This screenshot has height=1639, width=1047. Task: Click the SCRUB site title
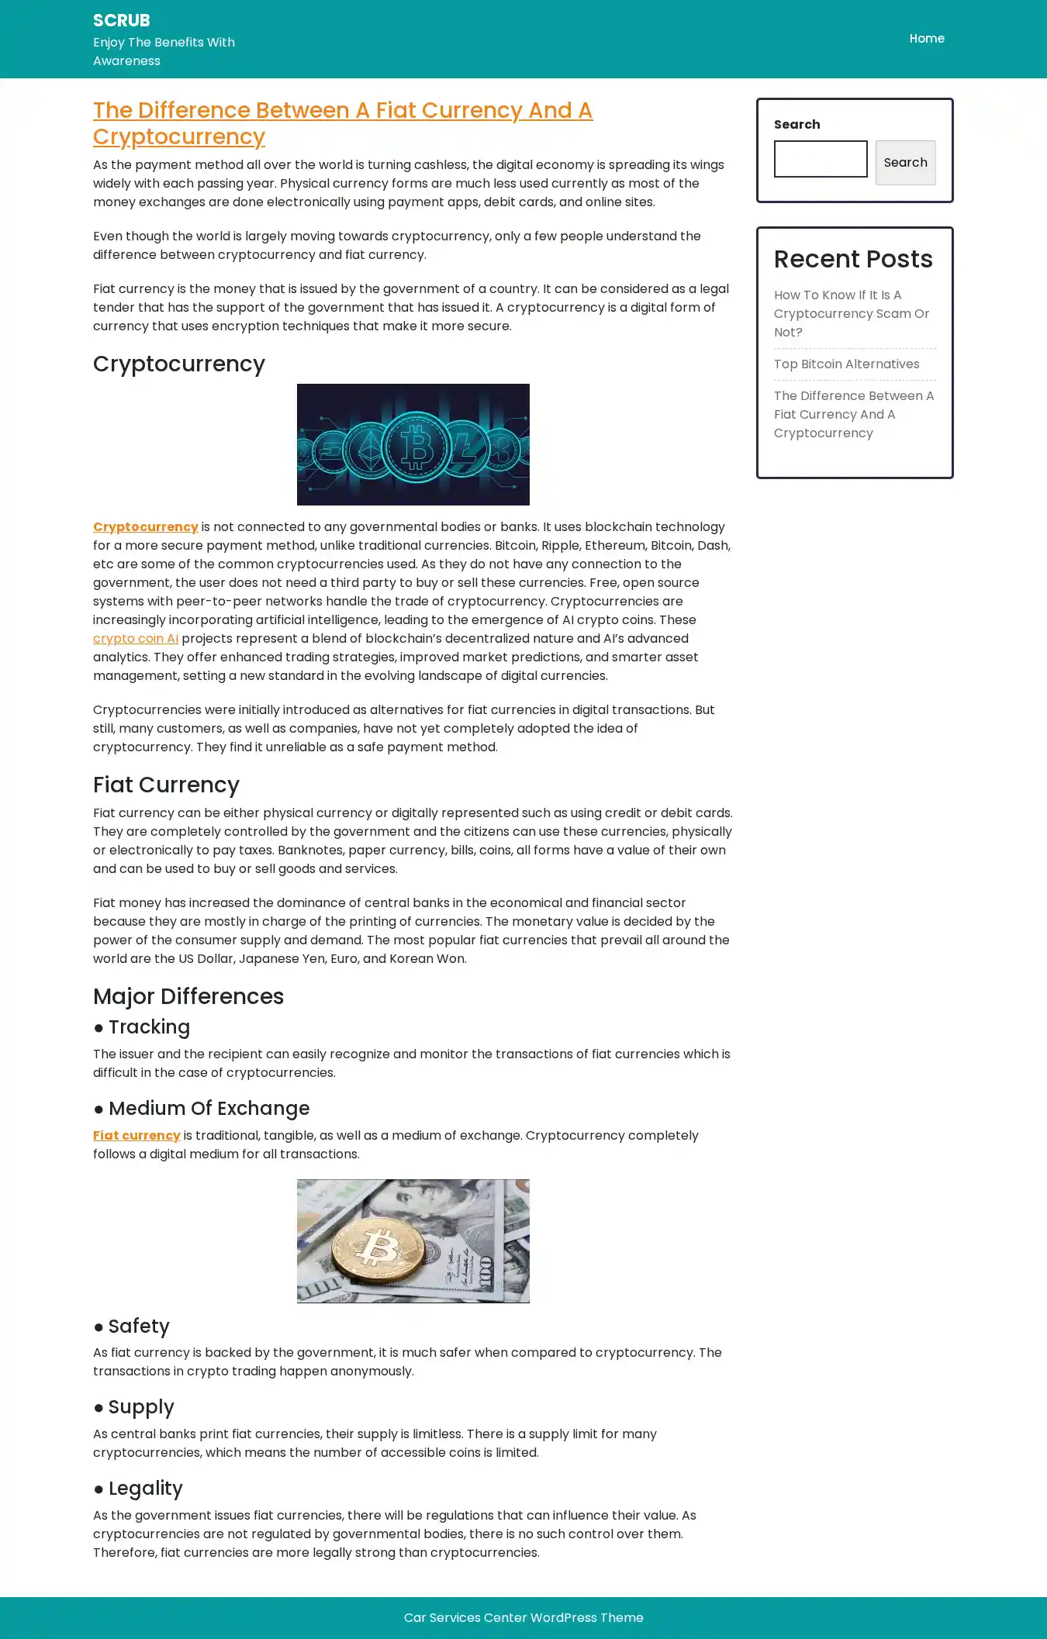(x=122, y=20)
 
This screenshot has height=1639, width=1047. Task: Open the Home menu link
(x=927, y=39)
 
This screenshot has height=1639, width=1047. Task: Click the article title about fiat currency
(x=342, y=123)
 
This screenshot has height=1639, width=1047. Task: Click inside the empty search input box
(x=821, y=159)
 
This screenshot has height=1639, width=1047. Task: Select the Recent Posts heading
(x=853, y=259)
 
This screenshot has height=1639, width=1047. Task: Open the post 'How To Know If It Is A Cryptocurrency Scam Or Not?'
(x=852, y=313)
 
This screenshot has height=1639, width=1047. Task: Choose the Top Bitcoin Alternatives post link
(x=846, y=364)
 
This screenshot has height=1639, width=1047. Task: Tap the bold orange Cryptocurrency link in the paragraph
(x=146, y=527)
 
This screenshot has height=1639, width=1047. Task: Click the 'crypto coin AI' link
(x=136, y=639)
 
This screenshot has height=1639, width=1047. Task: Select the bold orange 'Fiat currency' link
(x=136, y=1136)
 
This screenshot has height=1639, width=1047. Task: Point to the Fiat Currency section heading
(x=166, y=785)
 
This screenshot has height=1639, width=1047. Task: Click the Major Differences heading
(x=188, y=996)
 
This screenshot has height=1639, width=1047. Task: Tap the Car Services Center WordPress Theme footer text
(x=523, y=1617)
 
